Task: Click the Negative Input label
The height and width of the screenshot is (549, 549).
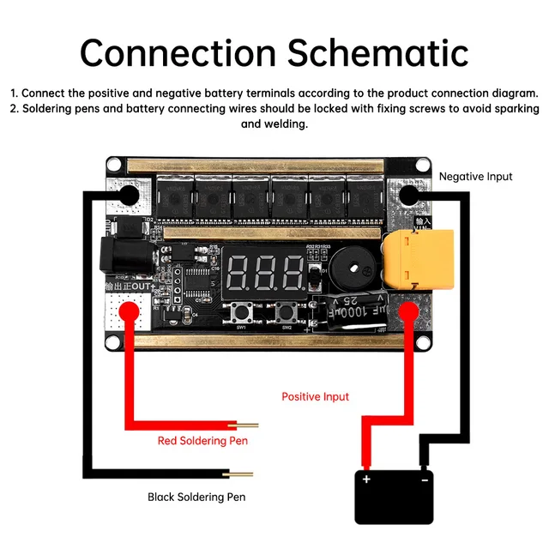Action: [475, 177]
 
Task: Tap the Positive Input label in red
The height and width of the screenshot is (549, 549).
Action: [315, 396]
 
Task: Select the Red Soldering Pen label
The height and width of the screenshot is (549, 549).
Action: [202, 441]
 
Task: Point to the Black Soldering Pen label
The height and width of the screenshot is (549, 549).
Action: [196, 497]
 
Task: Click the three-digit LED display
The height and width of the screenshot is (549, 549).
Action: [267, 273]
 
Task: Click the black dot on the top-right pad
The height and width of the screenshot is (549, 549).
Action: [411, 196]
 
